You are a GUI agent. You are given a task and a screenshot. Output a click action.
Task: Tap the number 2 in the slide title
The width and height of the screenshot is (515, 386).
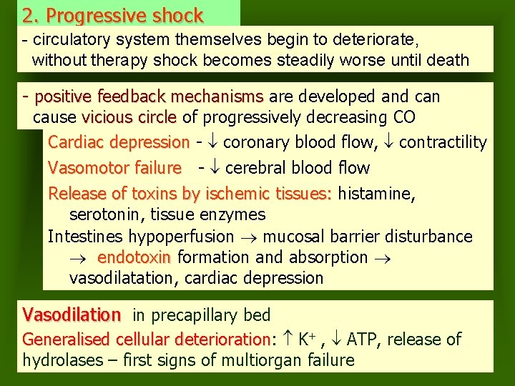28,15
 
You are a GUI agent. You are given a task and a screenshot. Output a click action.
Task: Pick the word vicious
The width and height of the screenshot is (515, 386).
107,117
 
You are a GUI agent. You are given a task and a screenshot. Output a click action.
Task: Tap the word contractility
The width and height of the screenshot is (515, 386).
443,143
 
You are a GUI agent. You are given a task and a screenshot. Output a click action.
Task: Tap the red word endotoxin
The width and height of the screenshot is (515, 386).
134,257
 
